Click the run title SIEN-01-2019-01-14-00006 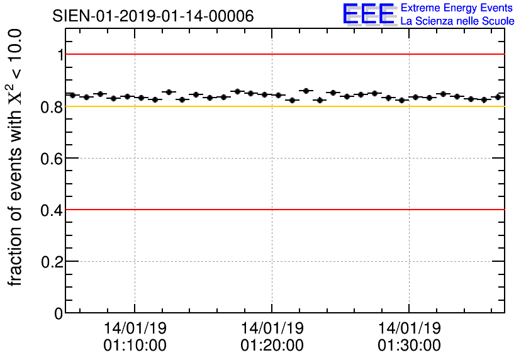[x=153, y=16]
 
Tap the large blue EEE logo [x=368, y=14]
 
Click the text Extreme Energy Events [x=457, y=8]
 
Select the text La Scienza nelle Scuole [x=457, y=21]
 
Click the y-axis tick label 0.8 [x=53, y=107]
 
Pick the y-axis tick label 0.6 [x=53, y=159]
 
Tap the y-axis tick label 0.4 [x=53, y=210]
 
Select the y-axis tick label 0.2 [x=53, y=262]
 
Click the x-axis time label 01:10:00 [x=135, y=346]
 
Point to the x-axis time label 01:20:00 [x=272, y=346]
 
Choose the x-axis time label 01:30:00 [x=409, y=346]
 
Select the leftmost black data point [x=72, y=95]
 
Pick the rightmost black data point [x=498, y=97]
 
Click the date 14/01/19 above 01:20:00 [x=272, y=329]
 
